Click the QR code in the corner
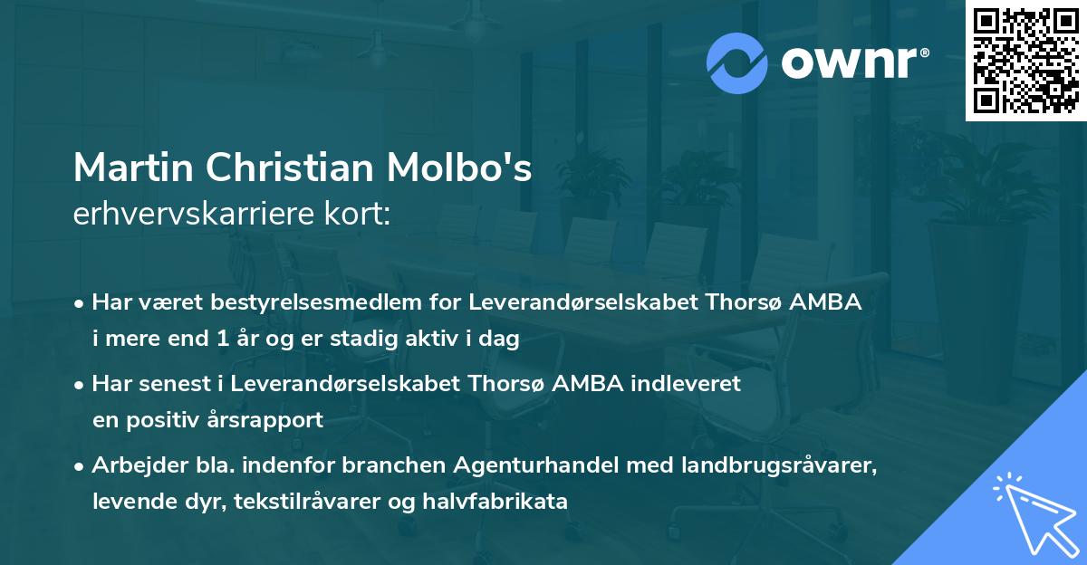1025,60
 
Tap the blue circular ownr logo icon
737,62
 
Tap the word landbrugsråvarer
778,465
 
